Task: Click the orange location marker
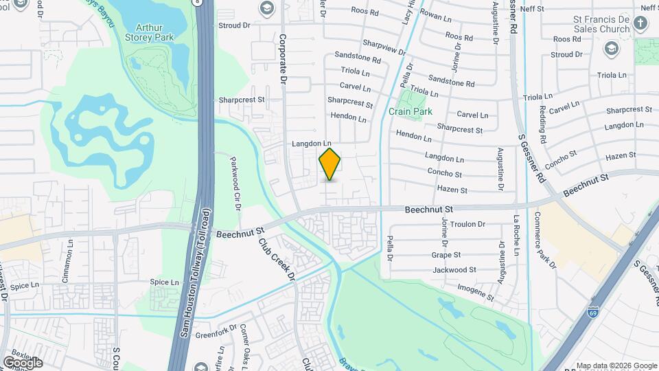330,164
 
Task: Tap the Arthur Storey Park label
154,32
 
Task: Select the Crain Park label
411,111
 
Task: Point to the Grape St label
446,254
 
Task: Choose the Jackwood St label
454,270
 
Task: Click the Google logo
23,361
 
